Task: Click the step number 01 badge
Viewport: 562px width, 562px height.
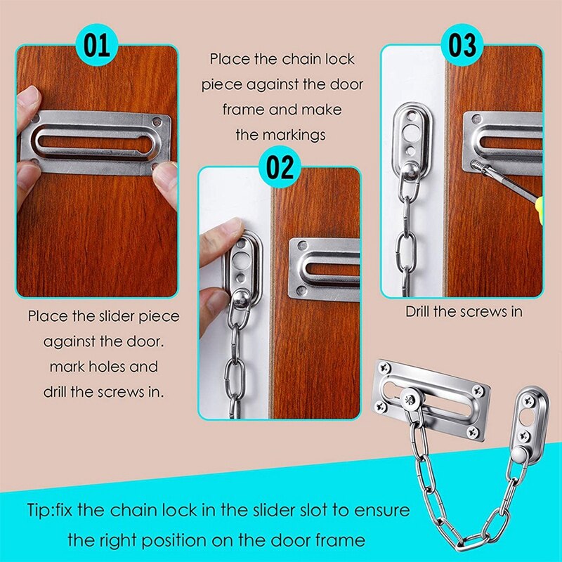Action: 98,46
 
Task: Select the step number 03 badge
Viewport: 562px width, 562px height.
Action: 462,46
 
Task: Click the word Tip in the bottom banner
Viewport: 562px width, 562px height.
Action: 41,509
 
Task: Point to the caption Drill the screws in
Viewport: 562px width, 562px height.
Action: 464,311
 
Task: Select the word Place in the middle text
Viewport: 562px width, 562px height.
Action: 229,60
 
